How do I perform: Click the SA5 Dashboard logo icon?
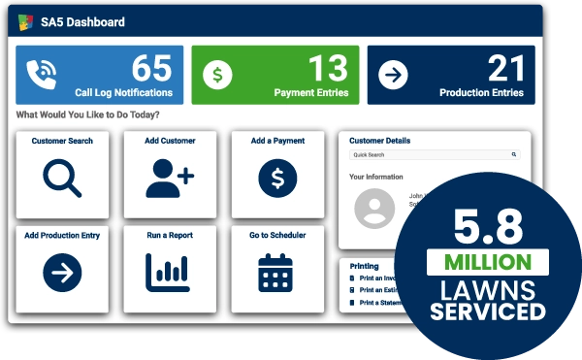click(26, 22)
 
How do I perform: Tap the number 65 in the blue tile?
click(151, 68)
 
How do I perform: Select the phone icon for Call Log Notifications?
click(43, 75)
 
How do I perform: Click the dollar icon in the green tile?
click(219, 75)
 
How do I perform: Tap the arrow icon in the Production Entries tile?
click(393, 75)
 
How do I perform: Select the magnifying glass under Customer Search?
click(62, 177)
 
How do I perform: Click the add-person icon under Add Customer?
click(170, 177)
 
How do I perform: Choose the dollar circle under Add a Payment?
click(277, 177)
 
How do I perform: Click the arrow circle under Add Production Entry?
click(62, 273)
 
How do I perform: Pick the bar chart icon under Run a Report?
click(170, 273)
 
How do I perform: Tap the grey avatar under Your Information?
click(374, 209)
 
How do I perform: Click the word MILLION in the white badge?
click(489, 262)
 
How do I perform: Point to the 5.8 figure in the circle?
click(489, 226)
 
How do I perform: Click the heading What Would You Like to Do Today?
click(88, 115)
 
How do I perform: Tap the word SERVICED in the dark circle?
click(489, 312)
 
